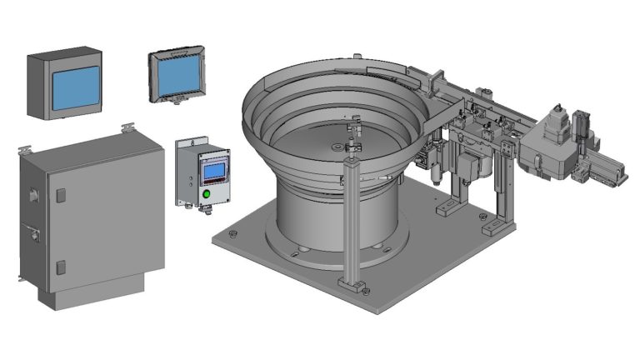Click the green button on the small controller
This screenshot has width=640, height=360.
coord(206,194)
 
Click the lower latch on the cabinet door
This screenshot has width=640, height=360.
coord(60,267)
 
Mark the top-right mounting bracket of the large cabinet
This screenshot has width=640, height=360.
coord(128,127)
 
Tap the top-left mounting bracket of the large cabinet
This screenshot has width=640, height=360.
coord(26,149)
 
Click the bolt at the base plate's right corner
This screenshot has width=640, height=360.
coord(485,216)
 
